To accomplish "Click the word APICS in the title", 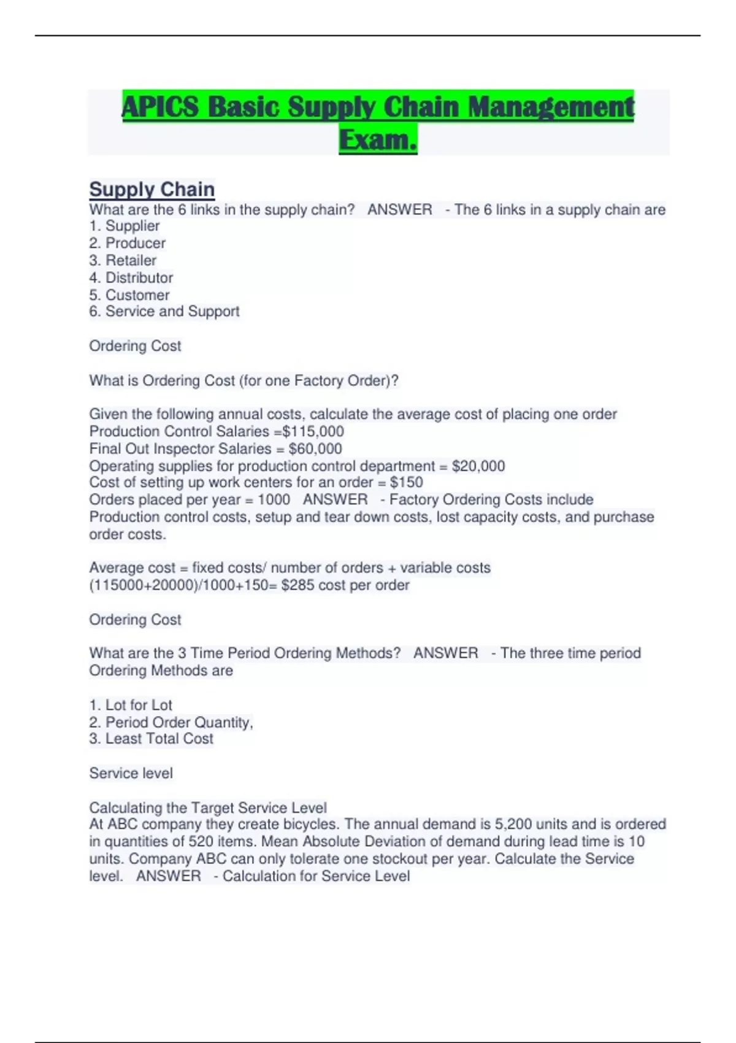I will (x=161, y=107).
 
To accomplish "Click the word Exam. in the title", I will (x=378, y=139).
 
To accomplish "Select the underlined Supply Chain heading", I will (x=151, y=189).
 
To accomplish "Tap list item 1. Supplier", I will (x=125, y=226).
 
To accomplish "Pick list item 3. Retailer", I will (x=123, y=260).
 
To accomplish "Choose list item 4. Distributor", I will (x=131, y=277).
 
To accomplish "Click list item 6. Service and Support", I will (x=164, y=312).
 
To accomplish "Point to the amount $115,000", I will (x=313, y=431).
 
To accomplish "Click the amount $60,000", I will (x=315, y=448).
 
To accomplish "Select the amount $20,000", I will (x=478, y=466).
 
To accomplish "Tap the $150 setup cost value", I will (x=406, y=482).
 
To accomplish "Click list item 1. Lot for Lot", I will (x=131, y=705).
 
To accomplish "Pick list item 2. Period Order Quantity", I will (x=171, y=722).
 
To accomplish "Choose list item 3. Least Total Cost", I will (x=151, y=739).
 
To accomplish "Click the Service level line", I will (x=131, y=773).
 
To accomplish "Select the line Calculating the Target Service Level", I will (x=208, y=807).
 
